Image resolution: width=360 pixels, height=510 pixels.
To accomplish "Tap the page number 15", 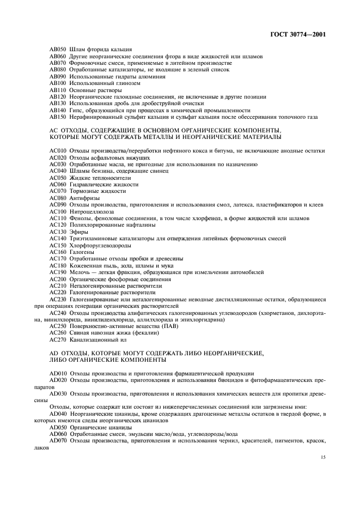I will (323, 463).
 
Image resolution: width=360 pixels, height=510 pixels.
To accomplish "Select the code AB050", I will (57, 50).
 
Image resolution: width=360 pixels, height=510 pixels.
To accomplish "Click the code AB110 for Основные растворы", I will (57, 89).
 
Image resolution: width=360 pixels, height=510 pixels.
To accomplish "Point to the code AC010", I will (57, 151).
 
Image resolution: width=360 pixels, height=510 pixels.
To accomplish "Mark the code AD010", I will (57, 373).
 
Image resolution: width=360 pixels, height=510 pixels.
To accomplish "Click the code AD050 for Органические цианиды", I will (57, 427).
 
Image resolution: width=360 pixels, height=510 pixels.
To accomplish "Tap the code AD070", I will (57, 440).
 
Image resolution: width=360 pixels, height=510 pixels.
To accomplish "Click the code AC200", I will (57, 278).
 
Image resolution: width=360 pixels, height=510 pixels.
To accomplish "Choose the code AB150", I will (57, 116).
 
